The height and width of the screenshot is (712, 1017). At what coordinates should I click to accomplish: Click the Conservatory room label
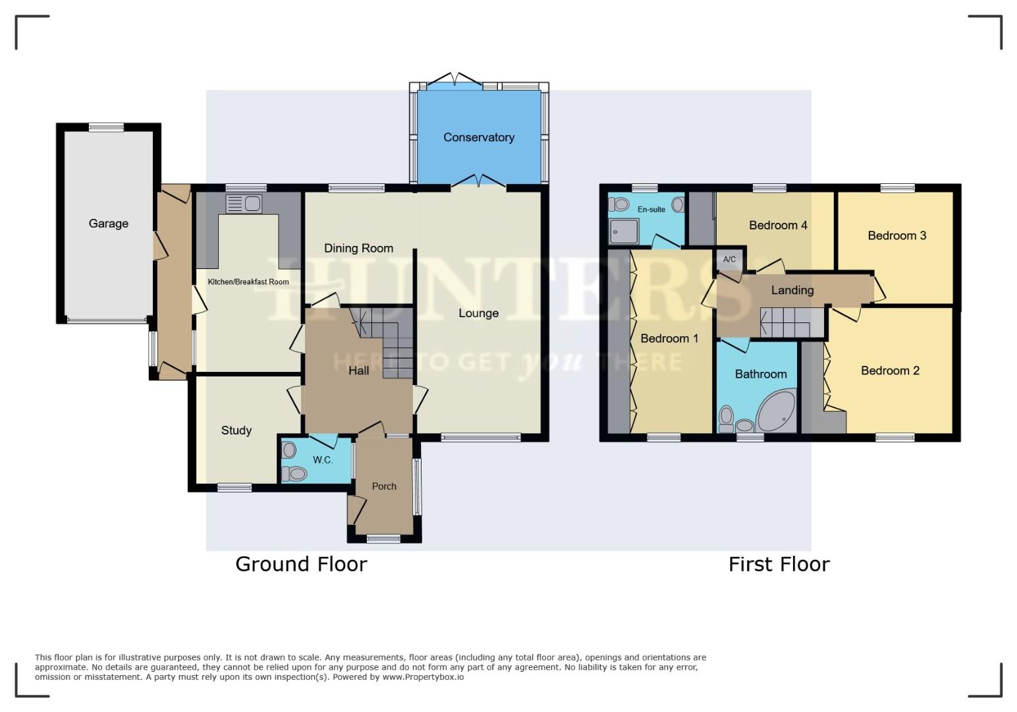[478, 137]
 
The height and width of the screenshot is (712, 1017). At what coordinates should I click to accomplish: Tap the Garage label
[109, 223]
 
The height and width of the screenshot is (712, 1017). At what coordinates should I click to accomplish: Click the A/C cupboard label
[729, 260]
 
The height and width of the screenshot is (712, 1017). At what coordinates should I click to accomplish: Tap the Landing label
[792, 290]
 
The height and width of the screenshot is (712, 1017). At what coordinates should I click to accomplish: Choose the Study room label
[236, 430]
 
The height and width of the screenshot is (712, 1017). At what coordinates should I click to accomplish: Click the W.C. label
[322, 460]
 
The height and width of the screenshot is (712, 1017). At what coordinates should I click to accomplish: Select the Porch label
[384, 487]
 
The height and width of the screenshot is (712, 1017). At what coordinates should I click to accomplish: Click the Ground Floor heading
[301, 564]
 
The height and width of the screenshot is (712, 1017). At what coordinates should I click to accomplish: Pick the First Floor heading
[779, 564]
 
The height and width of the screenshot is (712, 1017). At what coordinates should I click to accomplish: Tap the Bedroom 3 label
[896, 235]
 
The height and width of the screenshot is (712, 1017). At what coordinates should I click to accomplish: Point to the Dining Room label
[358, 249]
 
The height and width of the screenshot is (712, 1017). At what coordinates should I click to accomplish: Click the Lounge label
[478, 313]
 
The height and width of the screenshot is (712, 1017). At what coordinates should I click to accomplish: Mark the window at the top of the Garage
[106, 127]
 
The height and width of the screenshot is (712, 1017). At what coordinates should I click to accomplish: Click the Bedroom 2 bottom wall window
[894, 437]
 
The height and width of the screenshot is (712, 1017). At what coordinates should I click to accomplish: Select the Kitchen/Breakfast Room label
[248, 282]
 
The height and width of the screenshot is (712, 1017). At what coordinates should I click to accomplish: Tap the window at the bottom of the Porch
[383, 539]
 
